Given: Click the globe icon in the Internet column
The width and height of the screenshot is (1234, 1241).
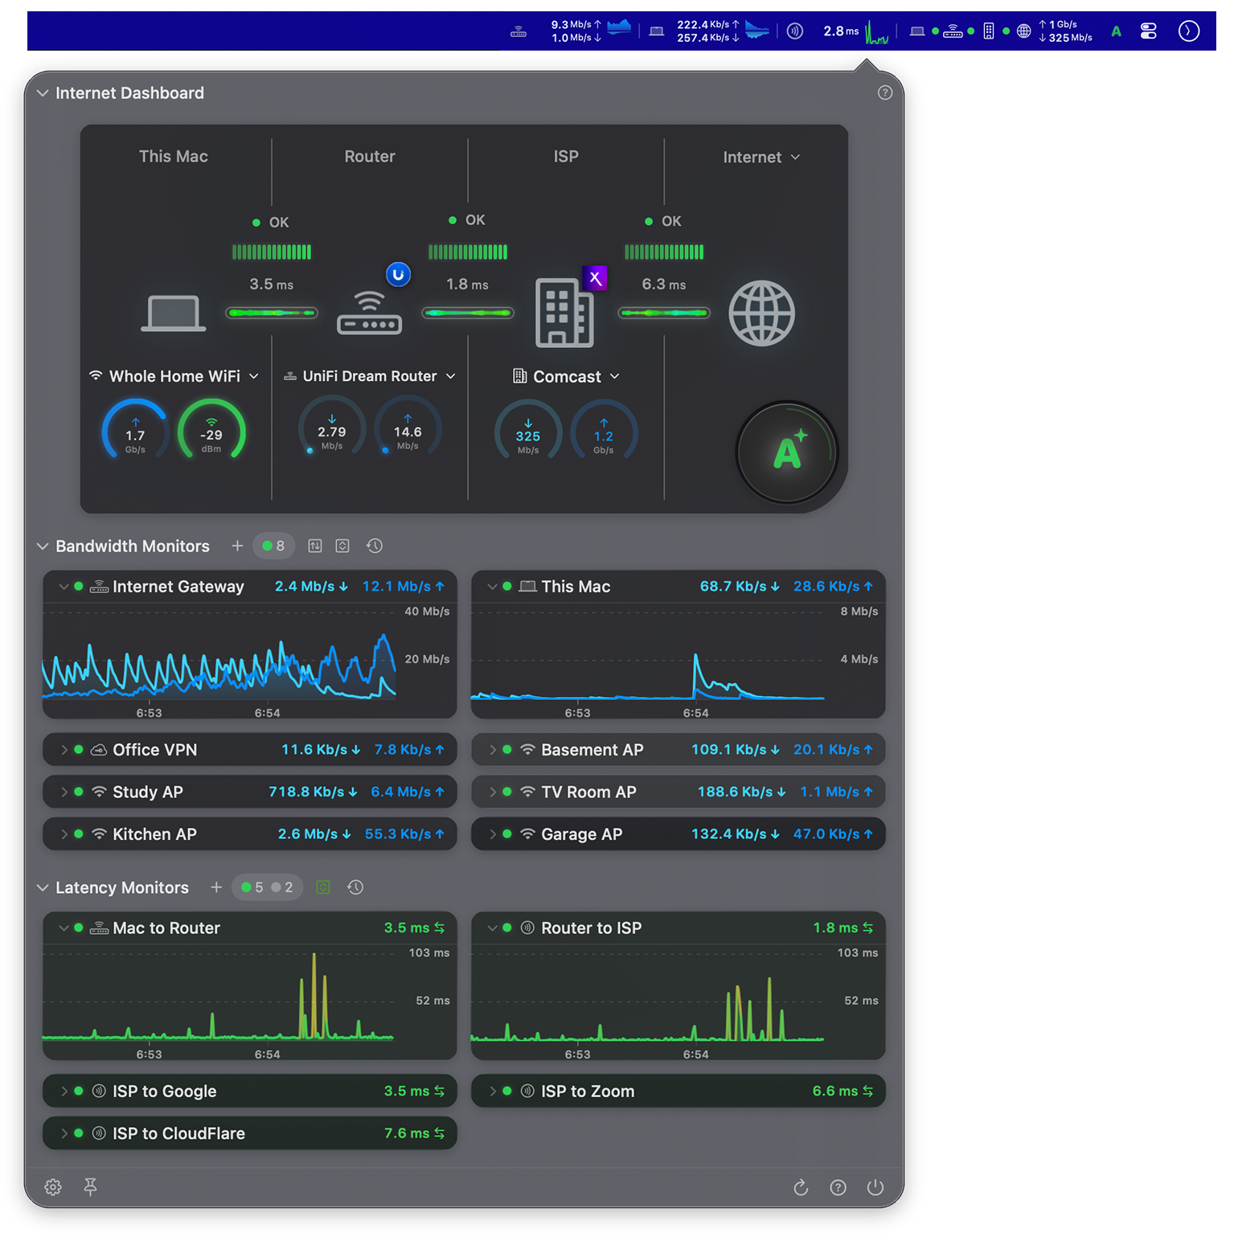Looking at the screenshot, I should coord(760,313).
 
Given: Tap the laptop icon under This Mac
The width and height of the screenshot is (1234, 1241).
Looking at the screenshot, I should coord(173,313).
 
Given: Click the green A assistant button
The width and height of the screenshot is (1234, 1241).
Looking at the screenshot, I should coord(787,453).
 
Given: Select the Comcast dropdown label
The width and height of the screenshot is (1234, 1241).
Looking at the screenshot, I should coord(567,377).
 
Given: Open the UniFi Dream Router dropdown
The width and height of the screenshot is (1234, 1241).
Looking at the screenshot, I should coord(371,376).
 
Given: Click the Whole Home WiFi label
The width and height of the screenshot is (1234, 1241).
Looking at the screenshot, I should coord(174,376).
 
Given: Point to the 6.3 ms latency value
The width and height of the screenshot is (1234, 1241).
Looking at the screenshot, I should coord(663,285).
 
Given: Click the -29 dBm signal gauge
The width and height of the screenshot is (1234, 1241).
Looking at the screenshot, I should coord(211,431).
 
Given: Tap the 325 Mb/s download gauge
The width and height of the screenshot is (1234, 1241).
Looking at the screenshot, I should coord(527,431).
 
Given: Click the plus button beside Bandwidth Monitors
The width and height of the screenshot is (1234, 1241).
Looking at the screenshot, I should coord(237,547).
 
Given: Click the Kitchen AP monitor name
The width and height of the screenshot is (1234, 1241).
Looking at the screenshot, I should coord(154,834).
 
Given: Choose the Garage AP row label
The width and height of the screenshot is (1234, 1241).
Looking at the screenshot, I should coord(581,834).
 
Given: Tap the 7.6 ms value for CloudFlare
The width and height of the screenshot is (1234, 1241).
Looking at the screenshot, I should coord(407,1133).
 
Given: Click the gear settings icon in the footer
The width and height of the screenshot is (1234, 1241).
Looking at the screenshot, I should coord(53,1187).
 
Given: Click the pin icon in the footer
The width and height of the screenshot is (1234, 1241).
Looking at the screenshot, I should coord(90,1187).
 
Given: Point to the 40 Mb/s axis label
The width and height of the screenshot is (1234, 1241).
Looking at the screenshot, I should coord(427,612).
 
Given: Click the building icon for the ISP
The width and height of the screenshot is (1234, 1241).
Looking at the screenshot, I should coord(564,313).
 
